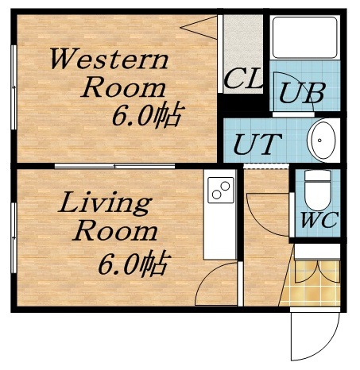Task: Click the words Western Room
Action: click(110, 73)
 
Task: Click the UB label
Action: click(301, 93)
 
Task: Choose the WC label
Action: click(319, 220)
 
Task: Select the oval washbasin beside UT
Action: click(323, 141)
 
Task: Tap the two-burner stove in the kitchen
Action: click(220, 191)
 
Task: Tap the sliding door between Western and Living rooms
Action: click(115, 166)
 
